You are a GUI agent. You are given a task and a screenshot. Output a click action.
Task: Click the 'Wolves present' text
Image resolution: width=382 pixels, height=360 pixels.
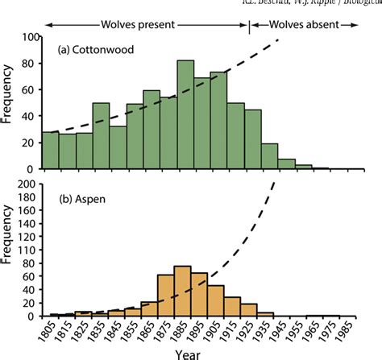(x=142, y=25)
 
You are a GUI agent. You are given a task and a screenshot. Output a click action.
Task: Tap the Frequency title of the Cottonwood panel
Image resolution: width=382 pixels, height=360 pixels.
(x=8, y=103)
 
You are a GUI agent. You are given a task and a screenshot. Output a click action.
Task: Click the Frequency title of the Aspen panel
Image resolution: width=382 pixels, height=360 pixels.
(x=8, y=250)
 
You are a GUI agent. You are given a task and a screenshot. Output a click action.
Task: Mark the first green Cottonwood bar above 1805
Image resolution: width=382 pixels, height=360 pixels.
(x=50, y=151)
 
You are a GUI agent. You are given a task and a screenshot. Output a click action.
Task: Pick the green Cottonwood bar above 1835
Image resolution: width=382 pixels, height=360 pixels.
(x=101, y=136)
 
